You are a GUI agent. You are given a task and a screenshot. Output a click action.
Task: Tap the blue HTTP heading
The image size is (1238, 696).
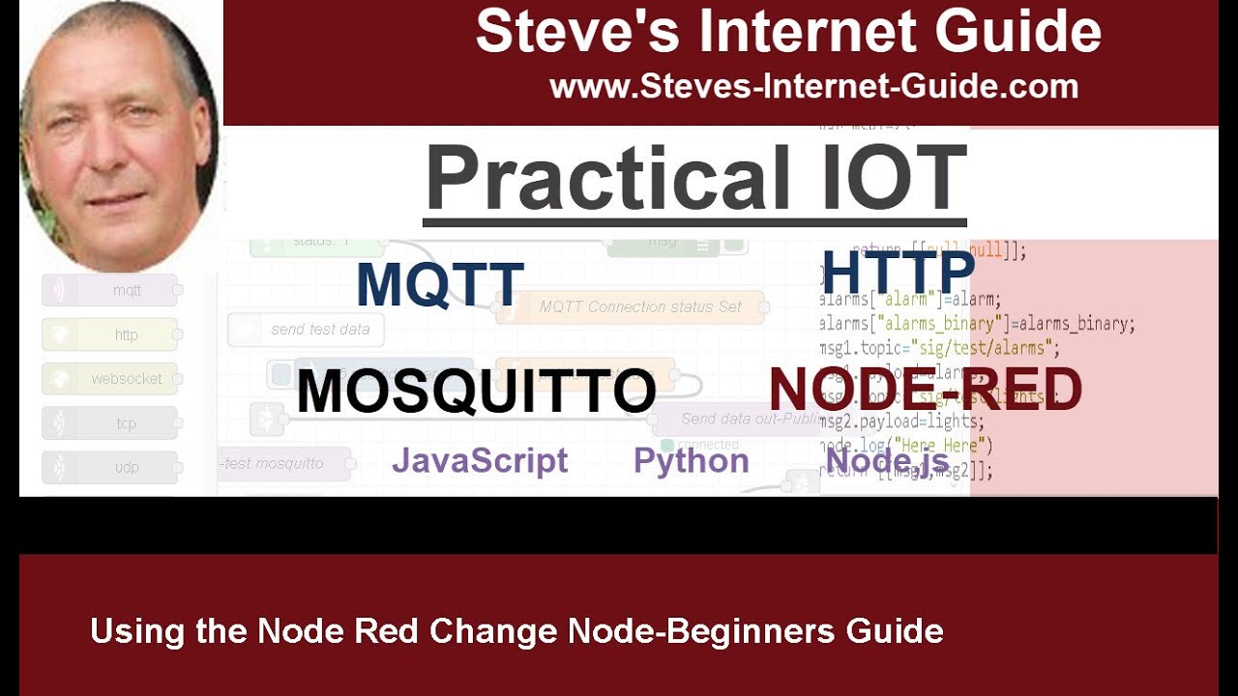point(898,272)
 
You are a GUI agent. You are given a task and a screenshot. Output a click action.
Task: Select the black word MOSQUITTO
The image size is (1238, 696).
point(476,391)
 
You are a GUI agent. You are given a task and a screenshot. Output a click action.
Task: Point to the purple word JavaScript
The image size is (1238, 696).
point(480,461)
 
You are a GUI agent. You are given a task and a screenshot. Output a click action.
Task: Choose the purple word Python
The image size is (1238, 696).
point(691,461)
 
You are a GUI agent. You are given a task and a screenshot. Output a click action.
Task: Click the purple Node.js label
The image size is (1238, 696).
point(887,459)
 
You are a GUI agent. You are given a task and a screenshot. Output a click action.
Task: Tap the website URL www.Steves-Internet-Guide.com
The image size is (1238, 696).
point(813,87)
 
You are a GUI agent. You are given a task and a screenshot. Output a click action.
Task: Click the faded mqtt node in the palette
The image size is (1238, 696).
point(109,290)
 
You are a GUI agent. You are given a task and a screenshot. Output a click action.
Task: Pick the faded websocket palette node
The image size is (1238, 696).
point(109,379)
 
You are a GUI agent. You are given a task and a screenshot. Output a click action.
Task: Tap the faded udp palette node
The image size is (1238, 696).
point(109,468)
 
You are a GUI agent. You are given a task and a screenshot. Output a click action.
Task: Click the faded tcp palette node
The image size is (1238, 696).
point(109,423)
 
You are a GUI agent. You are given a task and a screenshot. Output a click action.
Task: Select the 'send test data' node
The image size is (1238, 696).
point(306,330)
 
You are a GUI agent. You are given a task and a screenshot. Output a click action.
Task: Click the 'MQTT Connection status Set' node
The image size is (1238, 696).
point(631,307)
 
